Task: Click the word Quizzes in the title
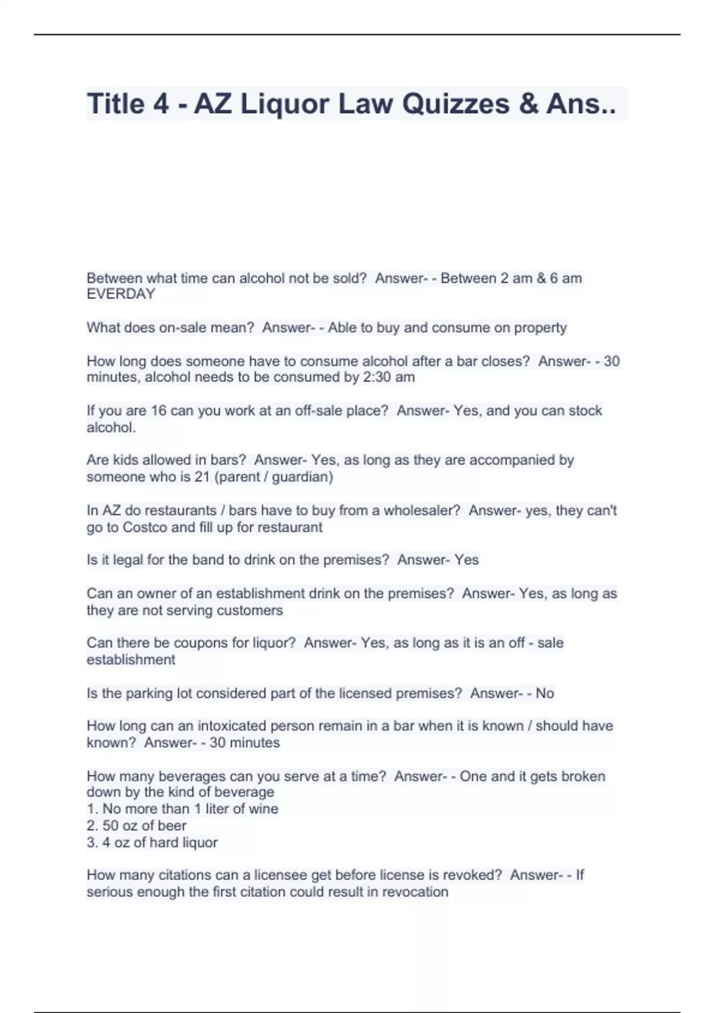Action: coord(456,104)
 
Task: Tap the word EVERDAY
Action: coord(121,294)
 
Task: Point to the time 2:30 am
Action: coord(388,377)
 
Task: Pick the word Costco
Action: coord(146,527)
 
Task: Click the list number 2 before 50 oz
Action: coord(91,826)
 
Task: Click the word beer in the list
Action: coord(172,826)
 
